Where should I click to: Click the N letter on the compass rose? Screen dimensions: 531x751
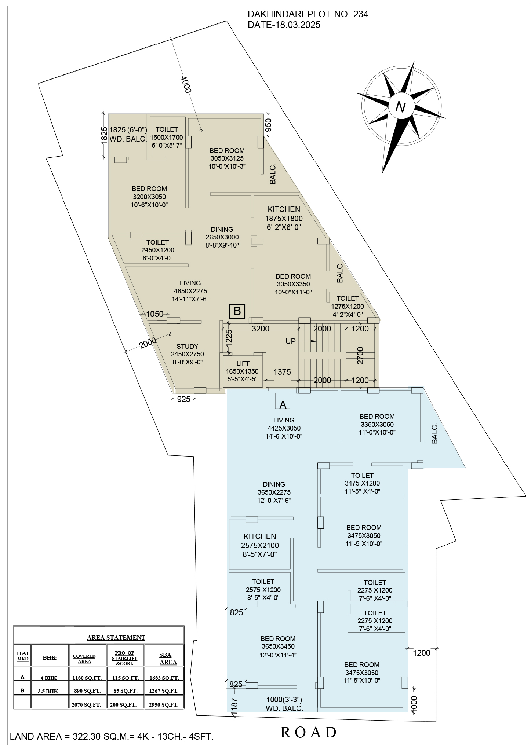tap(401, 107)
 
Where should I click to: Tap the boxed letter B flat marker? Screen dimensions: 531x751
tap(237, 311)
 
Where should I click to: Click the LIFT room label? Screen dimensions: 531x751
tap(243, 363)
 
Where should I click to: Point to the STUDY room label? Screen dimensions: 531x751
tap(188, 347)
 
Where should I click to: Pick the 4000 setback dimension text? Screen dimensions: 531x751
tap(186, 84)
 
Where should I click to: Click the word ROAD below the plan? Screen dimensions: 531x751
tap(309, 732)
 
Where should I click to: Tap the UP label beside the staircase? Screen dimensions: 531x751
tap(291, 341)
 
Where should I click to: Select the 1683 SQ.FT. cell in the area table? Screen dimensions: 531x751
tap(164, 678)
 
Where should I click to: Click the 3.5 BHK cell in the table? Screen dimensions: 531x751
tap(48, 691)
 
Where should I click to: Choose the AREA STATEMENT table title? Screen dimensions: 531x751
tap(116, 637)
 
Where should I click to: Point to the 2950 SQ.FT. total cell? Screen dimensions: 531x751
tap(164, 704)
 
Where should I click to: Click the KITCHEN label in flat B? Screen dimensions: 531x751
tap(284, 209)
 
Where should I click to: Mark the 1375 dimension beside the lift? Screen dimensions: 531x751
tap(282, 372)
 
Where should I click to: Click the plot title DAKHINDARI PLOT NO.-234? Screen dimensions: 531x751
tap(308, 14)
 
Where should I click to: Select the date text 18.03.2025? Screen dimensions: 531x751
tap(295, 25)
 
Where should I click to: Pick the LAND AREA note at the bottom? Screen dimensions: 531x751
tap(112, 736)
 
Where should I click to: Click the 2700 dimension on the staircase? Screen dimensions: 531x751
tap(360, 355)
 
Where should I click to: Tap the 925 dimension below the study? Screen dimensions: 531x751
tap(184, 399)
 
